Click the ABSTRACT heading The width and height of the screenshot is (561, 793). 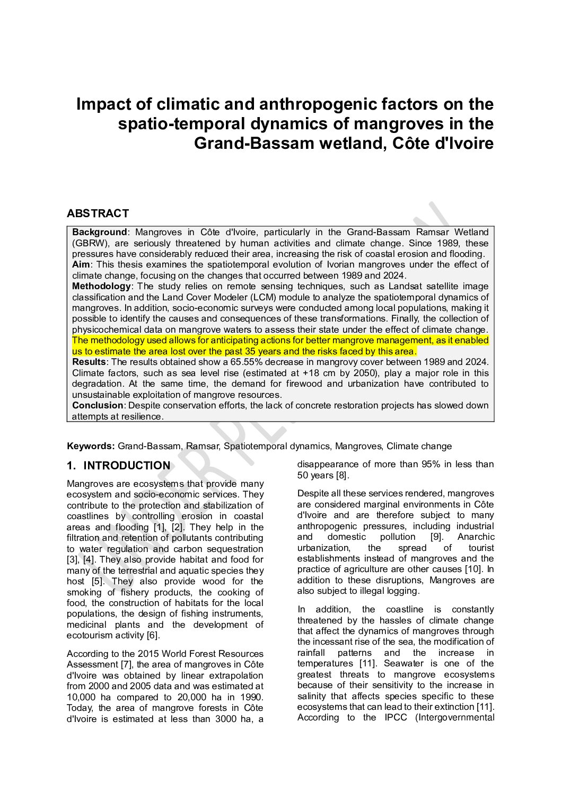coord(98,213)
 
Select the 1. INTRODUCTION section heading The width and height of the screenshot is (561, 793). coord(118,466)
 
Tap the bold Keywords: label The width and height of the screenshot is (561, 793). coord(91,446)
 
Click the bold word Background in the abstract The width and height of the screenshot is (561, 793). coord(99,232)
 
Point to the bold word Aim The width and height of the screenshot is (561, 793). coord(82,264)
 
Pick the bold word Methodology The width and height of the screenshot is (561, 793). coord(101,286)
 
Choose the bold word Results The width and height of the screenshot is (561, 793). coord(89,362)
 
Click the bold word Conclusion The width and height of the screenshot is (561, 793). coord(97,405)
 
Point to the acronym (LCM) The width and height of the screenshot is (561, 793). coord(264,297)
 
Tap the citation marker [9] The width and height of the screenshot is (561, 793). coord(436,537)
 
